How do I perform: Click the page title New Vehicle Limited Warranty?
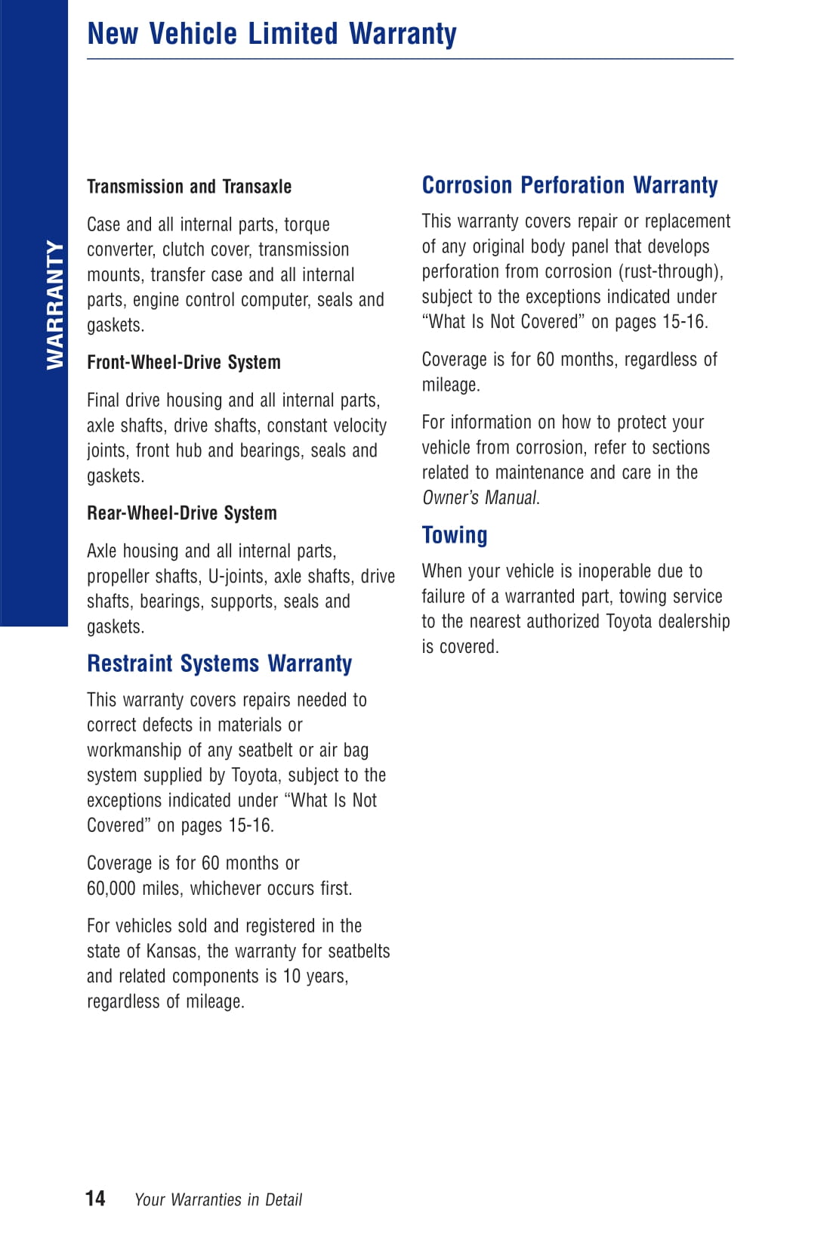click(272, 34)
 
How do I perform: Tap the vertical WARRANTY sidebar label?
click(55, 305)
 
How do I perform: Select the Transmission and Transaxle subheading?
click(189, 187)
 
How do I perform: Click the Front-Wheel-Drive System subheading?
click(184, 363)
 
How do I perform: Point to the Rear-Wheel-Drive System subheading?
click(182, 513)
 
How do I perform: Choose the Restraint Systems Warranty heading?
click(219, 664)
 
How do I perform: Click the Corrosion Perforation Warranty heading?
click(569, 185)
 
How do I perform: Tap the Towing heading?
click(454, 535)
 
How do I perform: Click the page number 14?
click(95, 1198)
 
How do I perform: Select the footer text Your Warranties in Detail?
click(218, 1199)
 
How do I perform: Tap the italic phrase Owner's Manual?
click(480, 497)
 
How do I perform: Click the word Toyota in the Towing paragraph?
click(630, 621)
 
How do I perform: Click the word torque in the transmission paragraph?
click(307, 224)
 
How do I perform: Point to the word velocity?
click(359, 425)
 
